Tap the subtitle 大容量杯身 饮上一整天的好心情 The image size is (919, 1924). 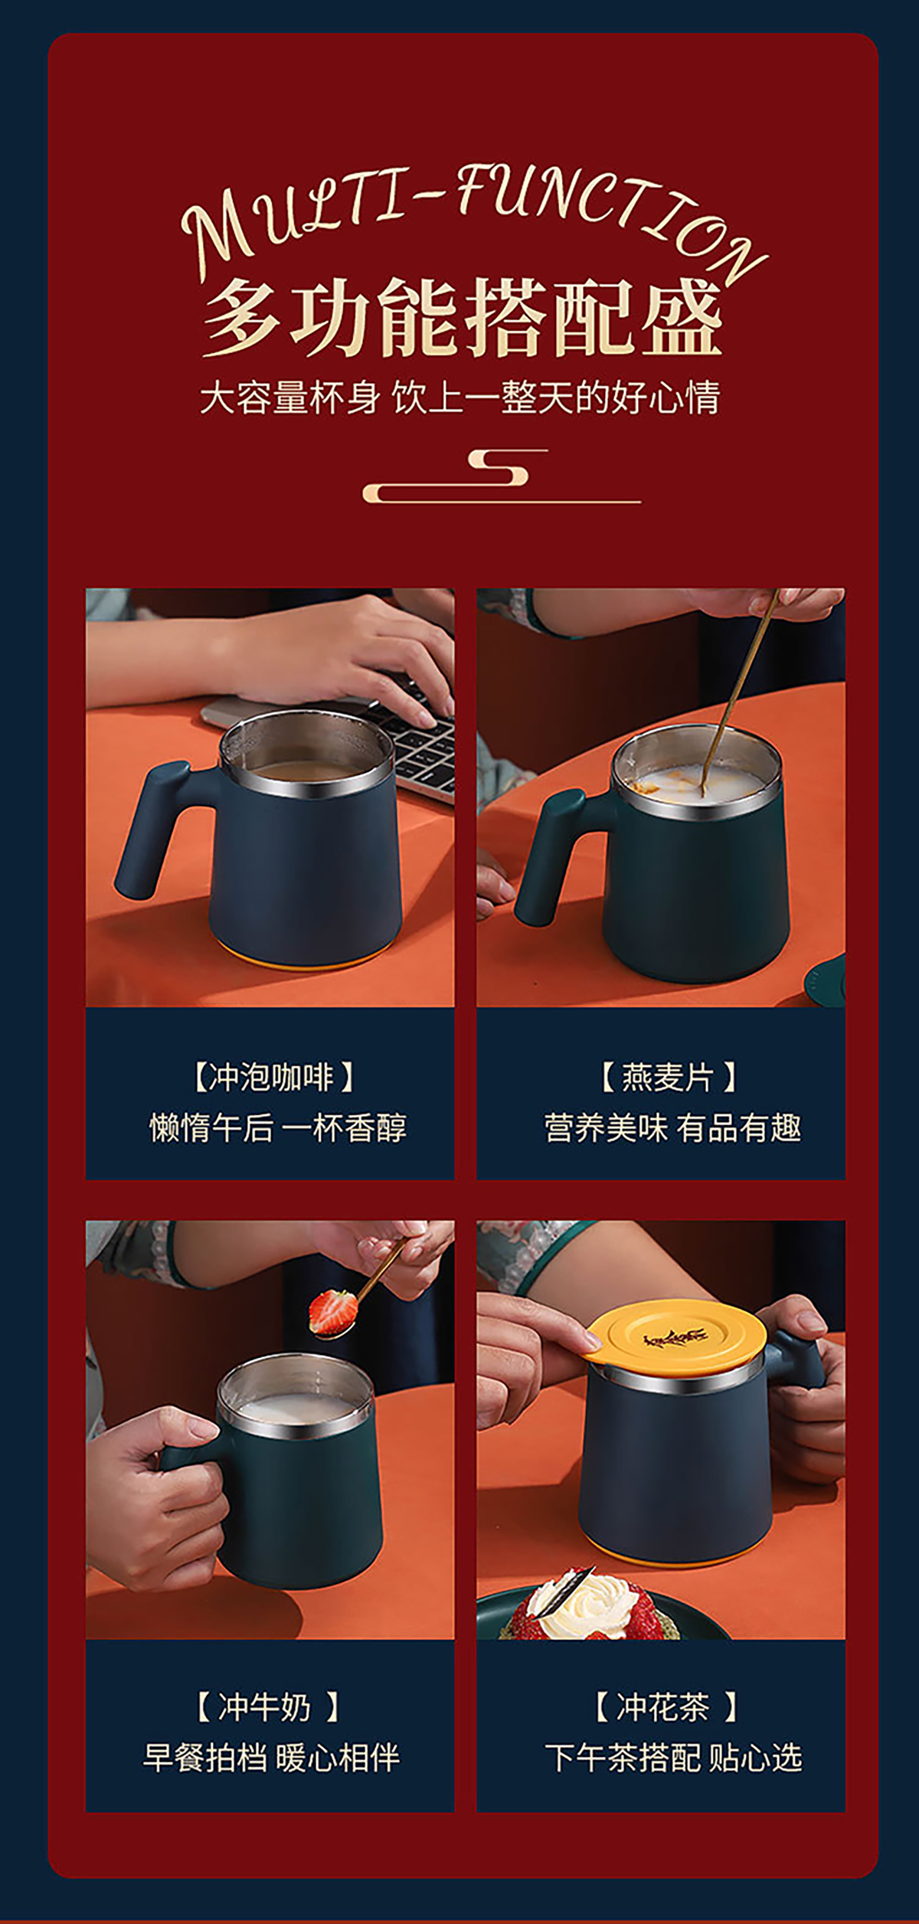point(459,398)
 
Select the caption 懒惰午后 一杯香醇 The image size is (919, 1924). point(277,1128)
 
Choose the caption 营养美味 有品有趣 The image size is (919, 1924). point(672,1128)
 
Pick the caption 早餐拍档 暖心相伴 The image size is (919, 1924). point(271,1758)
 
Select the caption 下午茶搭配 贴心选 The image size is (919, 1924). point(673,1758)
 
